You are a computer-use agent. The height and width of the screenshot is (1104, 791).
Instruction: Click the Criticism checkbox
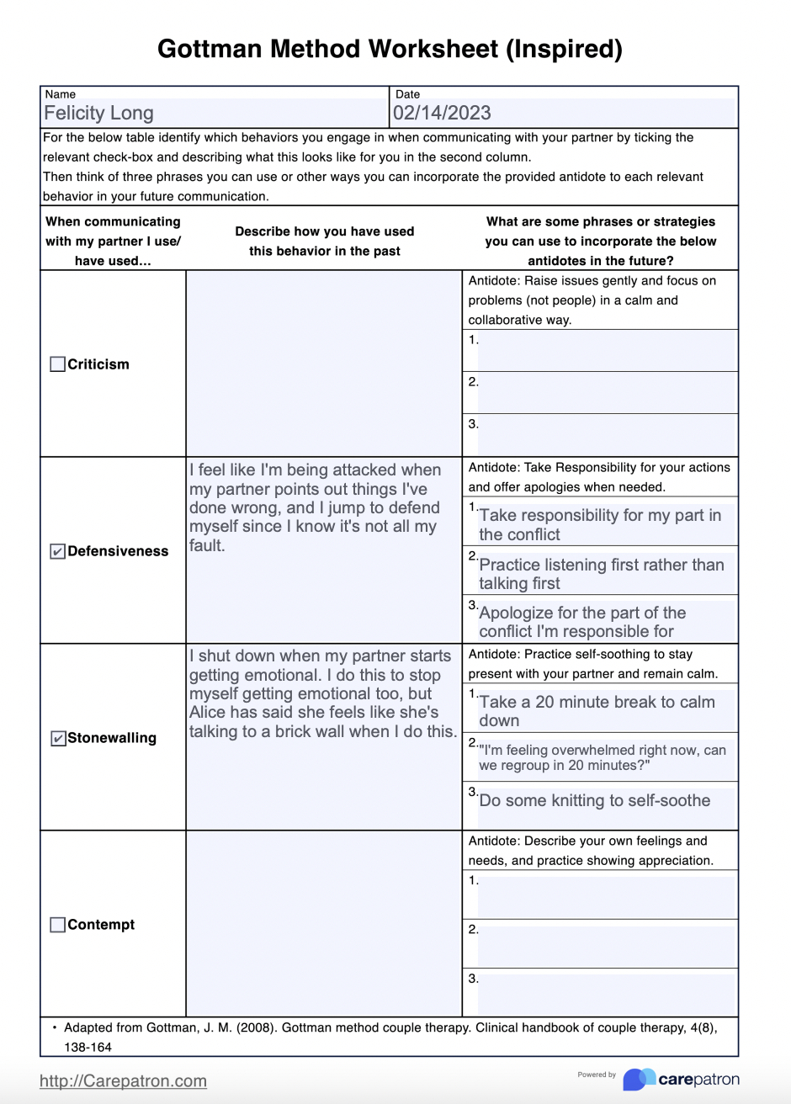[x=57, y=364]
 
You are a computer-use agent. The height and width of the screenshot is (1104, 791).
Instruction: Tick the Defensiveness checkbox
[x=57, y=552]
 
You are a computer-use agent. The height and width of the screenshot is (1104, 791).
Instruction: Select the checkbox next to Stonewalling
[x=57, y=739]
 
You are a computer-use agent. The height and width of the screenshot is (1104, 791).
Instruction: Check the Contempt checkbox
[x=57, y=925]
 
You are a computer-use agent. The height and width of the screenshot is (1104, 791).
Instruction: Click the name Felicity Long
[x=98, y=114]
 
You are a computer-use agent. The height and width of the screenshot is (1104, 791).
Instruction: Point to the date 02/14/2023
[x=442, y=114]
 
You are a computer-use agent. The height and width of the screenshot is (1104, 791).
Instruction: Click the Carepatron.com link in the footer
[x=123, y=1081]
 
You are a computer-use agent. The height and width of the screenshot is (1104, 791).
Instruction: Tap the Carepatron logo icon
[x=639, y=1080]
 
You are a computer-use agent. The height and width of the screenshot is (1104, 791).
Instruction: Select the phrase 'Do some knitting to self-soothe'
[x=594, y=800]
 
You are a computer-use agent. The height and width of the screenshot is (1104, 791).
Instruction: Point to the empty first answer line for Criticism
[x=606, y=350]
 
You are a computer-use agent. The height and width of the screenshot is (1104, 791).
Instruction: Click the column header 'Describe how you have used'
[x=324, y=231]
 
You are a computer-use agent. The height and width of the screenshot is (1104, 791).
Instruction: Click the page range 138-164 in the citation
[x=88, y=1048]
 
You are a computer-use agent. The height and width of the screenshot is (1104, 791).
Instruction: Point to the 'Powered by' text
[x=597, y=1075]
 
